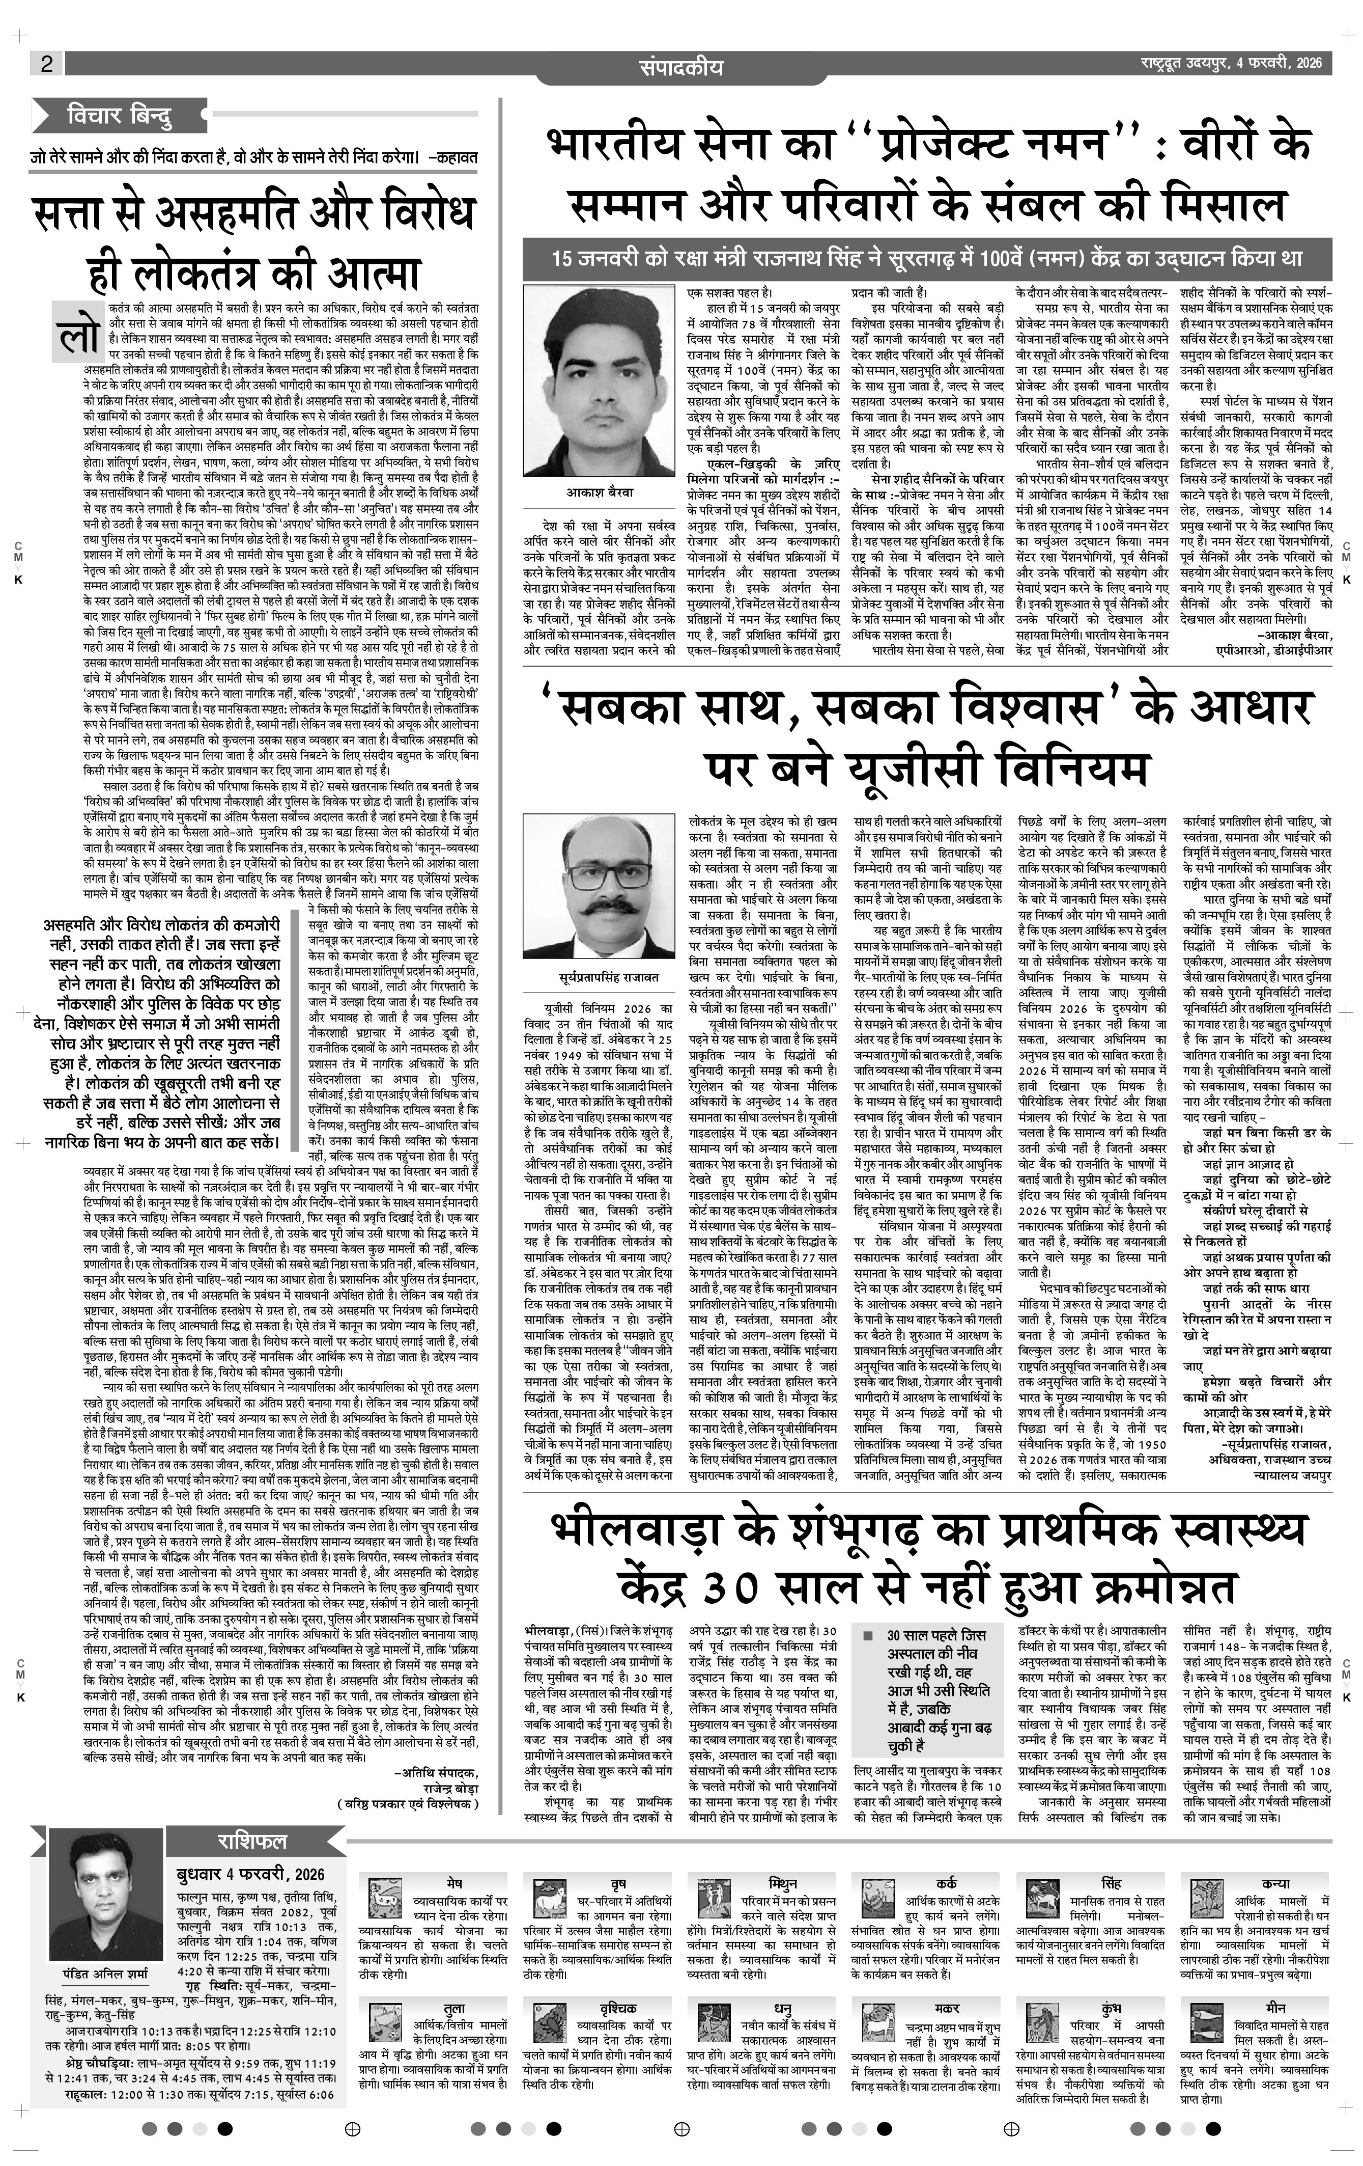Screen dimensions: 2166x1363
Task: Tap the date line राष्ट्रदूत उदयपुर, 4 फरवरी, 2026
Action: tap(1226, 63)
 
